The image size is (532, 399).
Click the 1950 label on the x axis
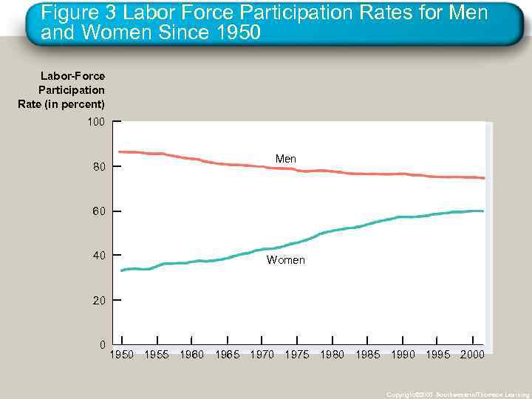[122, 355]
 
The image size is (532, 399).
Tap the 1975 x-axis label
[297, 355]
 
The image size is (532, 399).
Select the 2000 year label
[472, 355]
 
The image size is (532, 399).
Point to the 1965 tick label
[227, 355]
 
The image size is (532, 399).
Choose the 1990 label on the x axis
[403, 355]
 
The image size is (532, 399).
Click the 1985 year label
[367, 355]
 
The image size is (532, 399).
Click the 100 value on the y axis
[96, 121]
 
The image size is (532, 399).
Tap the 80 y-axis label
[99, 167]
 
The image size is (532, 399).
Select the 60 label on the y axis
[99, 212]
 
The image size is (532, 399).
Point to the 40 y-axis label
[99, 256]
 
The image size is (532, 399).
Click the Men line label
[285, 159]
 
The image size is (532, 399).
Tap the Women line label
[285, 260]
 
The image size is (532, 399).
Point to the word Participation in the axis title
[72, 90]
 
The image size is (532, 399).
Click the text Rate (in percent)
[61, 104]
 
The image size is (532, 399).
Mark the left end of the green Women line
[122, 270]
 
